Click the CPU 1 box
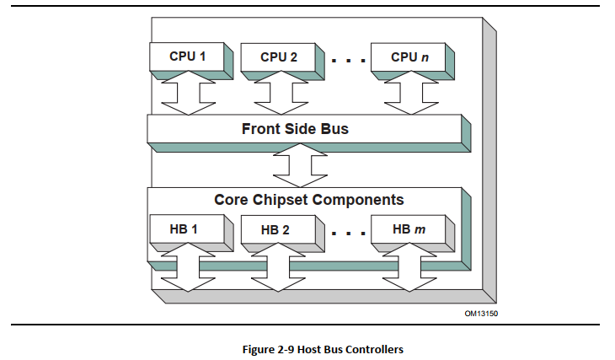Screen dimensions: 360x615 [x=187, y=57]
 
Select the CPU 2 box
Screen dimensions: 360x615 [x=279, y=57]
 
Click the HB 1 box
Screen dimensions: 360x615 [x=187, y=228]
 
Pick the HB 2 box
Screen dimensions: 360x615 [x=279, y=228]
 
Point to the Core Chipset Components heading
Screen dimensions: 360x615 [x=308, y=200]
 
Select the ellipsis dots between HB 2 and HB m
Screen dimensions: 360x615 [x=346, y=233]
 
